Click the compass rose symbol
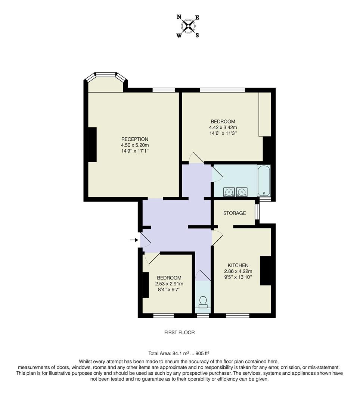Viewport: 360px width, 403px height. coord(188,26)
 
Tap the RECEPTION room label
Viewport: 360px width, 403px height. coord(134,139)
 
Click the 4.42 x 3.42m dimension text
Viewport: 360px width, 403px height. coord(223,127)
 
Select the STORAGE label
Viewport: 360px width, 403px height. coord(235,213)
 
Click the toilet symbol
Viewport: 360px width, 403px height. coord(203,302)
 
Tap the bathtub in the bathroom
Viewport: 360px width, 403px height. coord(264,181)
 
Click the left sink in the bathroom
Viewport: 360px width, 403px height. coord(229,192)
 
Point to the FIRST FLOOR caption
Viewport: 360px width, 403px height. coord(180,332)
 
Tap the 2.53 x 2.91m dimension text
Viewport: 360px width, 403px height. coord(169,284)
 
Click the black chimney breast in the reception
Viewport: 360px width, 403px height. coord(92,145)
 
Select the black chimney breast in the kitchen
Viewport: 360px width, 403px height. coord(266,271)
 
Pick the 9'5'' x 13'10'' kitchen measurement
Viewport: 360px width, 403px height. coord(238,277)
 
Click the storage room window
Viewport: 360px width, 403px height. coord(257,212)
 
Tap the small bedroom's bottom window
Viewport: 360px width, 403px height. coord(164,316)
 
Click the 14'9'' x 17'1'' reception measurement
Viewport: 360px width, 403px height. coord(134,151)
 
